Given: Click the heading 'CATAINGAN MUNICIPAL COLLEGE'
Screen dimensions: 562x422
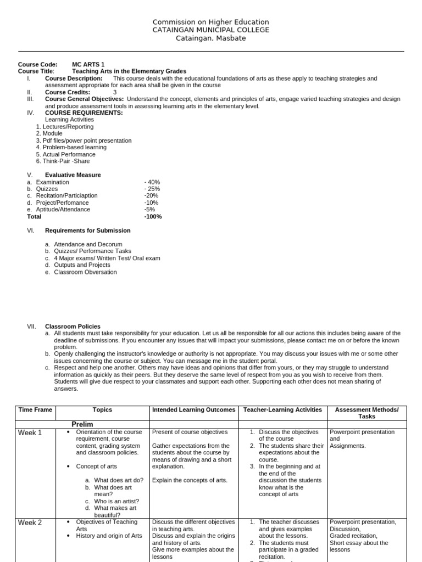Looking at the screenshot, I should [211, 30].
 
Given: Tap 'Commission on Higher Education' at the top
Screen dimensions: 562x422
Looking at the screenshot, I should [211, 22].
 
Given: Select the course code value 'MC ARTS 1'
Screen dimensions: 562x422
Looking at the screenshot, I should [88, 64].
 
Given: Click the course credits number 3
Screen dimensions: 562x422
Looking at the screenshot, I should [115, 92].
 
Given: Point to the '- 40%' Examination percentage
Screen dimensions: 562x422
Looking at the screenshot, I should [152, 182].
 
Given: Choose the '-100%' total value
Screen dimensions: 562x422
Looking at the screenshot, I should [153, 216].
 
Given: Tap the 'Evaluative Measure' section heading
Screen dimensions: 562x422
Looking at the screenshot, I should [73, 175].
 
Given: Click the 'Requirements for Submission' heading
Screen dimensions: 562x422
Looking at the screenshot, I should [87, 231].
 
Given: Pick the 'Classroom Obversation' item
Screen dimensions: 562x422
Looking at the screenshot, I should [85, 272].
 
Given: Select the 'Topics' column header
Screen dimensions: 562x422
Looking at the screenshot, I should [102, 410].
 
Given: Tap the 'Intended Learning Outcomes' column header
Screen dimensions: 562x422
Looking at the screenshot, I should [193, 410].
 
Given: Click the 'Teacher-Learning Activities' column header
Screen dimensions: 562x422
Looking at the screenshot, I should [282, 410].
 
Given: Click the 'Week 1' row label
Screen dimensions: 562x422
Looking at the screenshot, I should [30, 433].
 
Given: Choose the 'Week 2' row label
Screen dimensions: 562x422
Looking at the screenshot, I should [30, 523].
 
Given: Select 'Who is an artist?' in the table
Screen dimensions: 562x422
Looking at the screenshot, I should [116, 501].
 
